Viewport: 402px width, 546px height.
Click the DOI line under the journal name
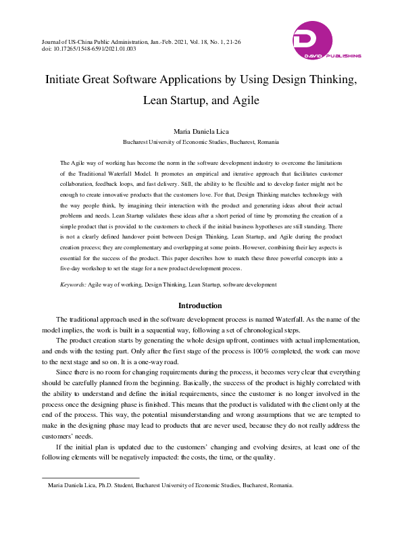point(89,49)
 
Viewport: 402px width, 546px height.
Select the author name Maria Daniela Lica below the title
point(201,130)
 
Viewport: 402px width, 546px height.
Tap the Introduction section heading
point(201,305)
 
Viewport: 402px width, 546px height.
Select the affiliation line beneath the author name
point(201,143)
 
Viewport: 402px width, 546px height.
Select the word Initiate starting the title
point(65,79)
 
